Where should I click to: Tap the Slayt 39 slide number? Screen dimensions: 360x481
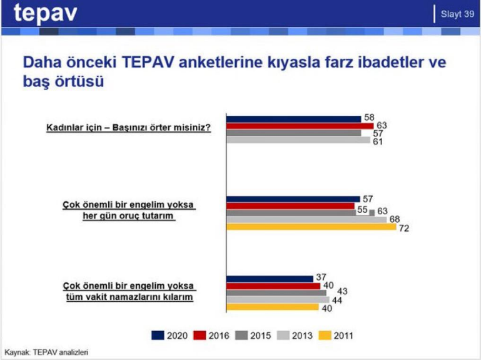(457, 14)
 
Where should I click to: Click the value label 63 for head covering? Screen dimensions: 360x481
(382, 125)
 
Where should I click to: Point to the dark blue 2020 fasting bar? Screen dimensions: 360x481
(293, 199)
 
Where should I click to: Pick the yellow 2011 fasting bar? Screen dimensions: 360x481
(311, 227)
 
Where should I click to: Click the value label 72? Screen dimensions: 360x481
(403, 229)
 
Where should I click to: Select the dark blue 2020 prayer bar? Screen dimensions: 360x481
(270, 279)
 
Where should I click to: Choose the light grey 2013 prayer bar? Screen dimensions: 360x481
(278, 300)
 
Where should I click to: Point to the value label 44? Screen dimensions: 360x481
(336, 301)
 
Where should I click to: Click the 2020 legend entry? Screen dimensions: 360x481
(171, 336)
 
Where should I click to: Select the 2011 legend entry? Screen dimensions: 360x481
(337, 336)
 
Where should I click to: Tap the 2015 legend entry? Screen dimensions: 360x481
(253, 336)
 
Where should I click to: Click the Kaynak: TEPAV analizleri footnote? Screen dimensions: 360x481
(46, 352)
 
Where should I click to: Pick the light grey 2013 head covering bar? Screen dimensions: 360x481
(298, 140)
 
